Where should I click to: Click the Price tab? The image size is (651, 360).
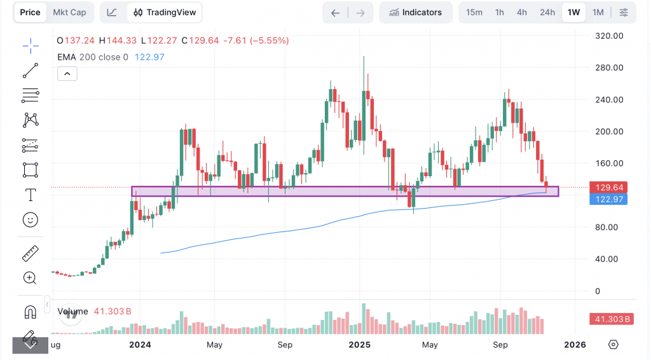[x=30, y=12]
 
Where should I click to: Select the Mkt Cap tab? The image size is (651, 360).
[x=69, y=12]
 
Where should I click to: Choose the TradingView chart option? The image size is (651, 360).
[x=165, y=12]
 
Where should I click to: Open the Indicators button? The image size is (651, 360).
[x=416, y=12]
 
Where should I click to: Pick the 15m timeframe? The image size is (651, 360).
[x=474, y=12]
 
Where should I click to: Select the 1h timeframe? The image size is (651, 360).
[x=499, y=12]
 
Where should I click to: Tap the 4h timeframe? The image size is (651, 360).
[x=521, y=12]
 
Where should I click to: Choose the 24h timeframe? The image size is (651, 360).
[x=547, y=12]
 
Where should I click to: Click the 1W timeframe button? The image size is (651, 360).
[x=573, y=12]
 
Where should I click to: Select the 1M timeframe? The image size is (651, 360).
[x=598, y=12]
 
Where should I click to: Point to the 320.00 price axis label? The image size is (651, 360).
[x=608, y=36]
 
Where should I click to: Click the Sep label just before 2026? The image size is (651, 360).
[x=500, y=345]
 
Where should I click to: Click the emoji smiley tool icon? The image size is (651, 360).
[x=30, y=220]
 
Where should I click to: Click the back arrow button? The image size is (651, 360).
[x=336, y=12]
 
